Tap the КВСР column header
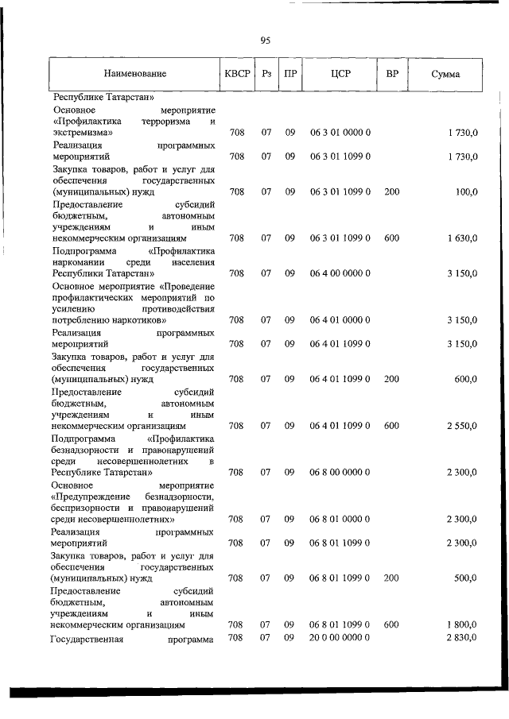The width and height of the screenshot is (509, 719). (237, 74)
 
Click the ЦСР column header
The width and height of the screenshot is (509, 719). (340, 74)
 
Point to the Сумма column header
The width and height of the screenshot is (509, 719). (445, 75)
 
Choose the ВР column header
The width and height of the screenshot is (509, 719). (391, 74)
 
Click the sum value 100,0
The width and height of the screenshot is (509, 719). (465, 192)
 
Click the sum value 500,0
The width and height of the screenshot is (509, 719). (465, 578)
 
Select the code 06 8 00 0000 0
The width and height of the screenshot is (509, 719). (340, 473)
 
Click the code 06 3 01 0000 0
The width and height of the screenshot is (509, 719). (340, 133)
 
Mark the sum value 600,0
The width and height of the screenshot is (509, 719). (465, 380)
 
